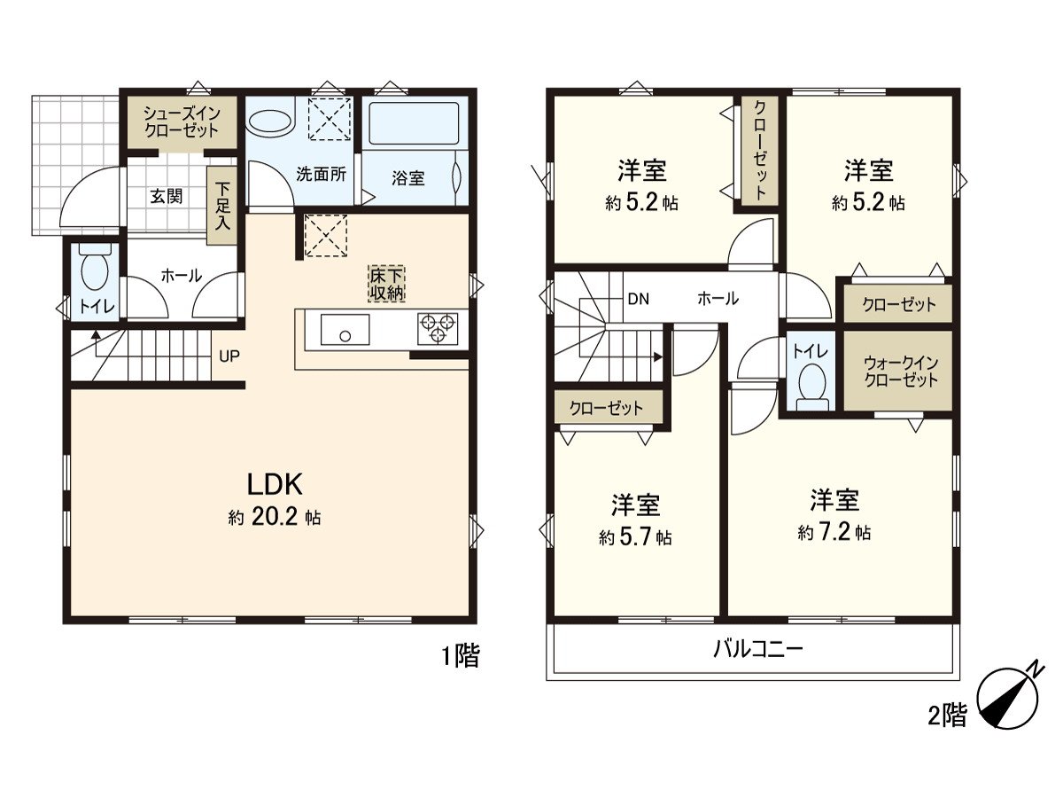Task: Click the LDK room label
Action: (275, 484)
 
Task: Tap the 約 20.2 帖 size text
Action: (275, 519)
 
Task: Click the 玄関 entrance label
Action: (166, 196)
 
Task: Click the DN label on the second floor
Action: (639, 299)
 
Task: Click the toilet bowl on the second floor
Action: (811, 383)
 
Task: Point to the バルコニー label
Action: (757, 650)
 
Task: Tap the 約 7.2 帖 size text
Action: (834, 533)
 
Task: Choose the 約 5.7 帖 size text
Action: (634, 537)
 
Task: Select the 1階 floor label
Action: (461, 657)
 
